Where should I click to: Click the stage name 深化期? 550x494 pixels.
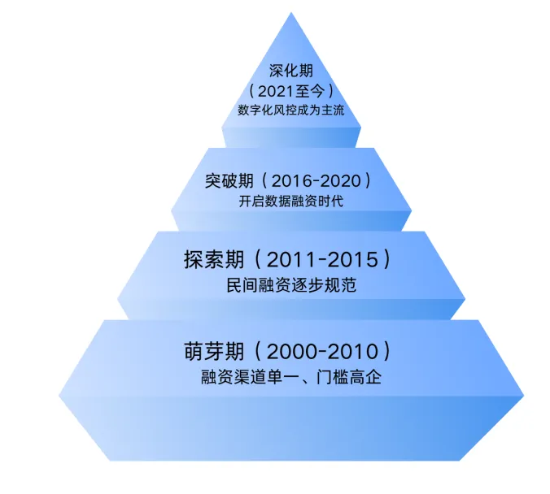coord(291,71)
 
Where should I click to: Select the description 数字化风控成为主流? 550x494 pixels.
coord(291,110)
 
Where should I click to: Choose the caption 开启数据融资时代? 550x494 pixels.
coord(291,201)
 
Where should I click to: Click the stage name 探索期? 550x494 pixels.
coord(214,260)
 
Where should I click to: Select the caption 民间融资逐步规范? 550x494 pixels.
coord(291,285)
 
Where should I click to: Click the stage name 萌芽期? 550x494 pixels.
coord(214,351)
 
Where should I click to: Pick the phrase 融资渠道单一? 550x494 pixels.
coord(250,377)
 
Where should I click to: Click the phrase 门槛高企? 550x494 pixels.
coord(349,377)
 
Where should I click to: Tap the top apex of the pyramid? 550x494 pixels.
coord(291,13)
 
